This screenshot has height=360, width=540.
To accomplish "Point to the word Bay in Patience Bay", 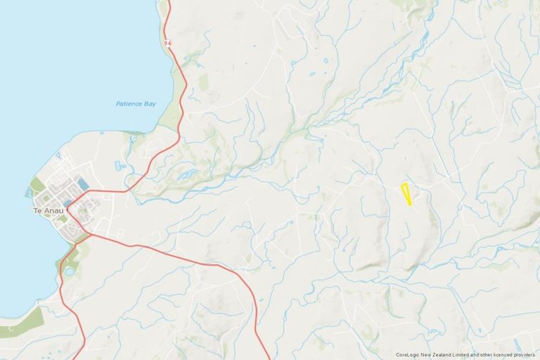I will pos(148,104).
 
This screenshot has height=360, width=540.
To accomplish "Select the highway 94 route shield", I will pos(167,44).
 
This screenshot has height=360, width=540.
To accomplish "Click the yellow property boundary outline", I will pos(406,194).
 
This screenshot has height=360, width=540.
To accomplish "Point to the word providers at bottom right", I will pos(522,355).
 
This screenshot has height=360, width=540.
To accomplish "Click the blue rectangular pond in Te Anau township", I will pos(84,184).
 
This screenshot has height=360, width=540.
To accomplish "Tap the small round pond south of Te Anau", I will pos(68,271).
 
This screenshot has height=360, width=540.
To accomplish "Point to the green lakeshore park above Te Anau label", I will pos(37,187).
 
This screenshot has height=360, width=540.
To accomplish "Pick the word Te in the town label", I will pos(37,210).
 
